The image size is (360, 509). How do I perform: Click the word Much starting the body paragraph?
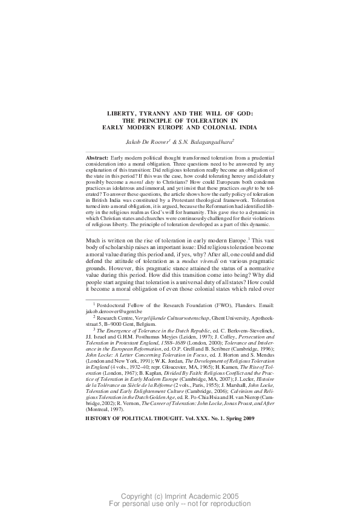click(x=94, y=241)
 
